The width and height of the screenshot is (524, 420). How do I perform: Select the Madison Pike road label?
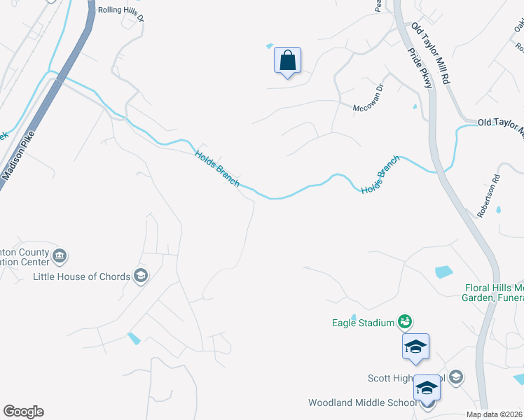18,156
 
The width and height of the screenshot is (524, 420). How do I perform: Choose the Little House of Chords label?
82,276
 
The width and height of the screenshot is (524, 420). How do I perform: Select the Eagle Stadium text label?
363,323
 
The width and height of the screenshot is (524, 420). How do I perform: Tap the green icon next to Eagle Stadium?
404,321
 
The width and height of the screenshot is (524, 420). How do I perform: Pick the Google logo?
23,412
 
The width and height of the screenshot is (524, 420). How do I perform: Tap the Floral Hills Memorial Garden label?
494,293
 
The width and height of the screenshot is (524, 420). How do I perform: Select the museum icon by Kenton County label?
60,256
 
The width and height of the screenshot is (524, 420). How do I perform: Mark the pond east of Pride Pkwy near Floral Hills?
443,272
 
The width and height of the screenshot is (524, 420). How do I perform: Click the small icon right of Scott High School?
456,378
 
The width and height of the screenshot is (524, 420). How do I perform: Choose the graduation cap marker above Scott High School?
415,347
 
